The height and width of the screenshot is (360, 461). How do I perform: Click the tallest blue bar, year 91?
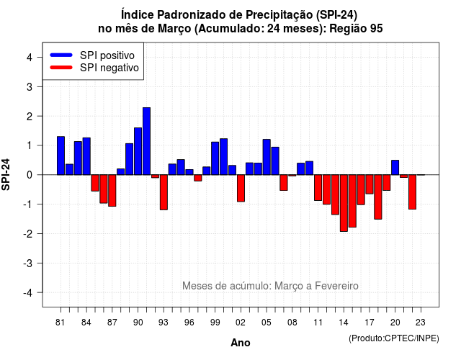pos(146,141)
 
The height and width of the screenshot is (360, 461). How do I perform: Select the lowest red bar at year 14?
pos(344,203)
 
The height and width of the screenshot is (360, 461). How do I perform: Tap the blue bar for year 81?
pos(61,156)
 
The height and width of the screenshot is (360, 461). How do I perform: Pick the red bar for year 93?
pos(164,192)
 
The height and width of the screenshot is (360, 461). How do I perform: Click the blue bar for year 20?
pos(395,168)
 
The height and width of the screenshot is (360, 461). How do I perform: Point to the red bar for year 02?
pos(241,188)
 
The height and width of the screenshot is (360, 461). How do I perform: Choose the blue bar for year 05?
pos(267,157)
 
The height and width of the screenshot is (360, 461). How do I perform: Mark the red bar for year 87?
pos(112,190)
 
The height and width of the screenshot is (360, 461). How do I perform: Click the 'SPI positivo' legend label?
pos(107,55)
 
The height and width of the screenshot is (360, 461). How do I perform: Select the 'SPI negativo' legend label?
pos(109,68)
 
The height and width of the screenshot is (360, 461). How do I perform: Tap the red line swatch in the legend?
pos(61,68)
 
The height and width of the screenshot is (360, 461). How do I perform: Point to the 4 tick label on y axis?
pos(30,58)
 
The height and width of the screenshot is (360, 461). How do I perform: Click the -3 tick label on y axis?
pos(28,264)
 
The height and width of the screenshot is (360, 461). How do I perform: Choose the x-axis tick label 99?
pos(215,323)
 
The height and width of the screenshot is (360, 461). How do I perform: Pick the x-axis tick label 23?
pos(421,323)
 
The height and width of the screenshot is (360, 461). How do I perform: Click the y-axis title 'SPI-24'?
pos(6,174)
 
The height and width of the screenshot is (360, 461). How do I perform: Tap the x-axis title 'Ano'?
pos(241,343)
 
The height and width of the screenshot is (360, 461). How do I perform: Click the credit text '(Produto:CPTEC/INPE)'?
pos(394,338)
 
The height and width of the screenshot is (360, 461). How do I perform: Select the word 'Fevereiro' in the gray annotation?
pos(336,286)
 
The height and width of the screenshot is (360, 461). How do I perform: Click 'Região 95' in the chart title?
pos(356,29)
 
